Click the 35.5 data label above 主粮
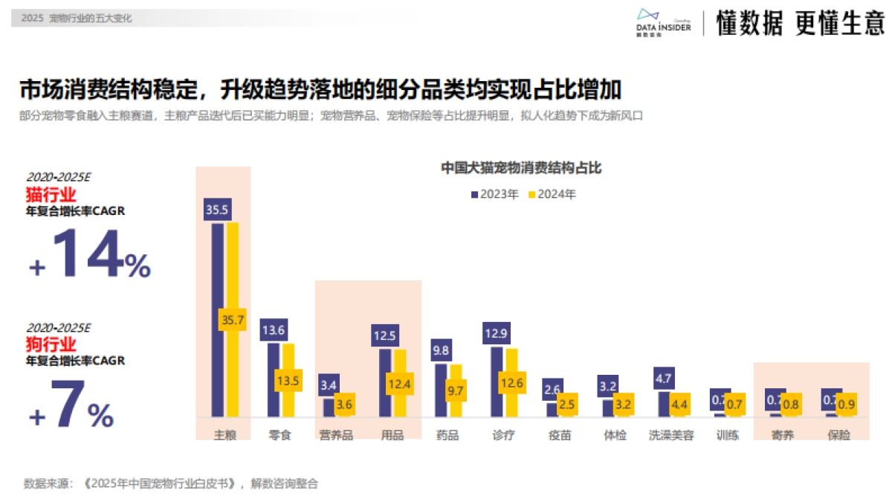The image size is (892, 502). tap(217, 210)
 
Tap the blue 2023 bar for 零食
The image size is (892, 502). tap(274, 379)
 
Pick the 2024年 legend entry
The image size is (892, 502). tap(552, 194)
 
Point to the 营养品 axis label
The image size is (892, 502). tap(336, 435)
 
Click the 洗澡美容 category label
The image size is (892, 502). tap(670, 435)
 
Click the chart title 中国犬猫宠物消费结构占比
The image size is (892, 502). tap(520, 168)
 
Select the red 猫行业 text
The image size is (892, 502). tap(51, 195)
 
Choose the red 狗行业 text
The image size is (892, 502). tap(51, 344)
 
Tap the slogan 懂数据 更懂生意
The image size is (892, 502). tap(800, 24)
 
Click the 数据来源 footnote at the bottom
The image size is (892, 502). tap(171, 483)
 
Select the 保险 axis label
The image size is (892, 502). tap(838, 435)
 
